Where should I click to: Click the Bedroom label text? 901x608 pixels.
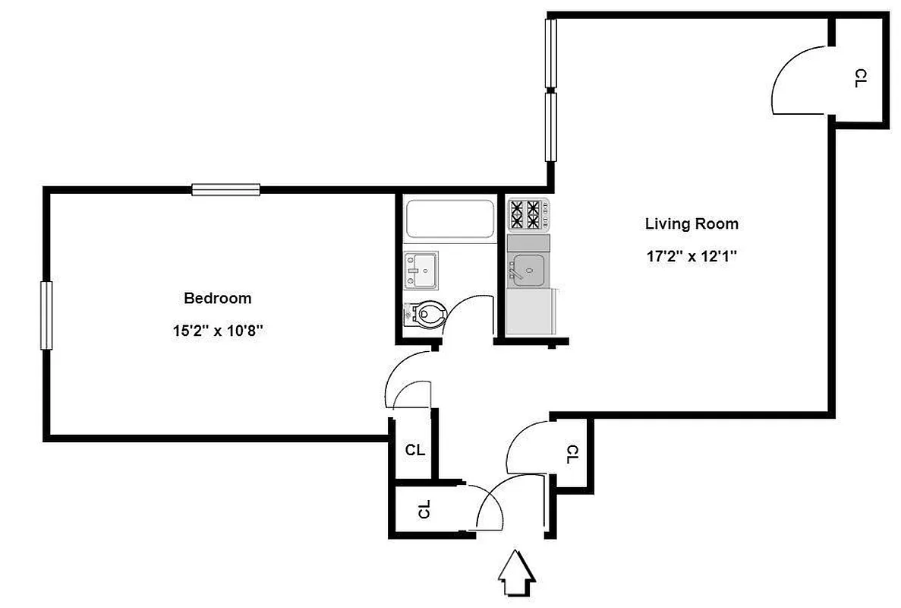click(x=217, y=298)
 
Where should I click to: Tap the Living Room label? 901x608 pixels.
click(x=691, y=223)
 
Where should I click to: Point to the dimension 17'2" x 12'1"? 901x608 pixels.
click(x=691, y=256)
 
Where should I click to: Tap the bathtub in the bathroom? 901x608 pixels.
click(x=448, y=218)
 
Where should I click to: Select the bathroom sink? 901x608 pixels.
click(x=420, y=271)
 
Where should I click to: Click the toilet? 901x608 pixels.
click(x=425, y=313)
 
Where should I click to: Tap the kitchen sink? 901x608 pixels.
click(x=527, y=269)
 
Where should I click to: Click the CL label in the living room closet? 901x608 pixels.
click(x=860, y=78)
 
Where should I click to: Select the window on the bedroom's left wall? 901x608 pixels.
click(x=46, y=315)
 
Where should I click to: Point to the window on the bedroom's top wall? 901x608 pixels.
click(x=225, y=189)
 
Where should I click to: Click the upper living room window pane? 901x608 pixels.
click(x=551, y=54)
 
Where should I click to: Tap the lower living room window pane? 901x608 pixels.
click(x=551, y=126)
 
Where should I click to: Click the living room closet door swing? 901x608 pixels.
click(x=799, y=82)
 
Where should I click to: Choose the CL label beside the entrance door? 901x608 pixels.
click(x=424, y=509)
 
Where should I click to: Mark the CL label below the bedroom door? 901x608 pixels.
click(x=414, y=450)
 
